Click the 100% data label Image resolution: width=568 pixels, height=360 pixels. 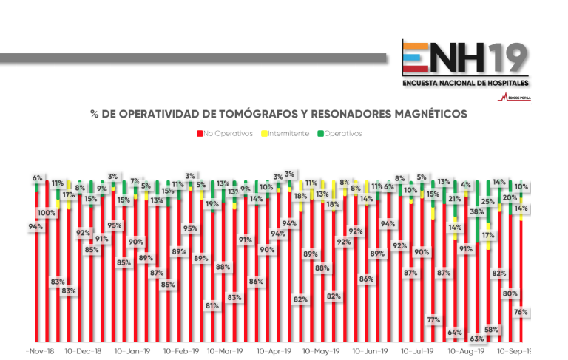[47, 213]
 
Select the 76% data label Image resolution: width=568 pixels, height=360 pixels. [521, 312]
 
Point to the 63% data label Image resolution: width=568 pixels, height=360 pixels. [477, 339]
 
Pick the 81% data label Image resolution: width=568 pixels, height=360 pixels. [212, 305]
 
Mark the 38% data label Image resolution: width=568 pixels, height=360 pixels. [477, 212]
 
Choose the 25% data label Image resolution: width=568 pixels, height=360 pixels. [488, 201]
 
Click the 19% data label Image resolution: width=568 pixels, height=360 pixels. [212, 204]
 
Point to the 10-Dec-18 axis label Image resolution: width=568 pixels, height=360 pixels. [83, 351]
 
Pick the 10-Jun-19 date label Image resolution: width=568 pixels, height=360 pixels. [370, 351]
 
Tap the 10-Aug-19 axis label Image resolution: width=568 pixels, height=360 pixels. [467, 351]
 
